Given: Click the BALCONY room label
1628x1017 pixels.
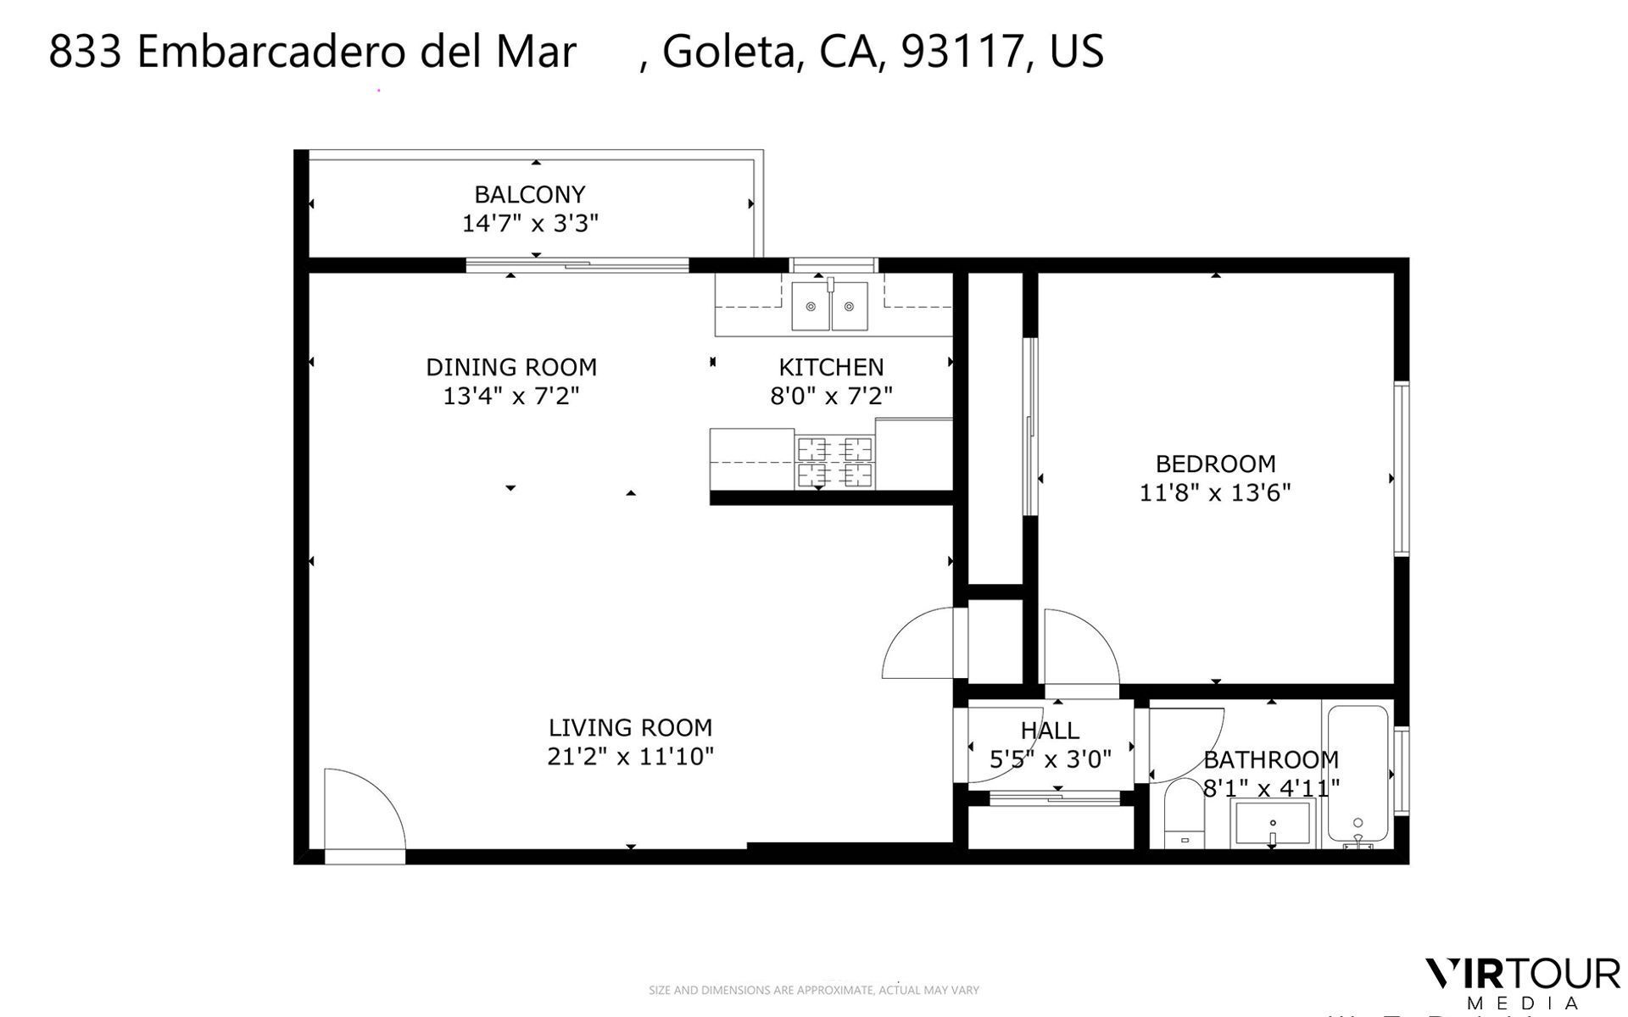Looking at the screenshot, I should [x=529, y=195].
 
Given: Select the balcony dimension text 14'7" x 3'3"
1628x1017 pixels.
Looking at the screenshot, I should [x=530, y=224].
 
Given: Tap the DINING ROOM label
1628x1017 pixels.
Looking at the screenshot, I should [x=511, y=367].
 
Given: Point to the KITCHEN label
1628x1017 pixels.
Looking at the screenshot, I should [x=831, y=367].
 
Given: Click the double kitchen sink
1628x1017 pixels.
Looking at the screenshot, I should [x=829, y=306].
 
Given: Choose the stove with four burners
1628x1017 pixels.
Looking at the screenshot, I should [x=835, y=462].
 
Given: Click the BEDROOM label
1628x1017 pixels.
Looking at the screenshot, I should [x=1215, y=464].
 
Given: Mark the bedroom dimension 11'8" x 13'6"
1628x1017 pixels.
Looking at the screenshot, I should [x=1214, y=492].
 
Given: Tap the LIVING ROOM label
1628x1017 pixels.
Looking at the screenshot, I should [x=630, y=728].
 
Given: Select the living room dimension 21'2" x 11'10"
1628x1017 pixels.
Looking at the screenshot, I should [x=630, y=757].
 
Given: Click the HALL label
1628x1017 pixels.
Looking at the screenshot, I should [x=1049, y=731].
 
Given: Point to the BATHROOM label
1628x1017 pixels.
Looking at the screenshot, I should [x=1270, y=759].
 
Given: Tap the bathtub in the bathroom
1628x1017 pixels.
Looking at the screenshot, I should [x=1357, y=775].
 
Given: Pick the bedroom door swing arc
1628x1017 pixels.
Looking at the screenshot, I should [x=1079, y=648].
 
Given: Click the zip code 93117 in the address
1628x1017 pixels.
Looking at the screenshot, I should [x=961, y=52].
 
